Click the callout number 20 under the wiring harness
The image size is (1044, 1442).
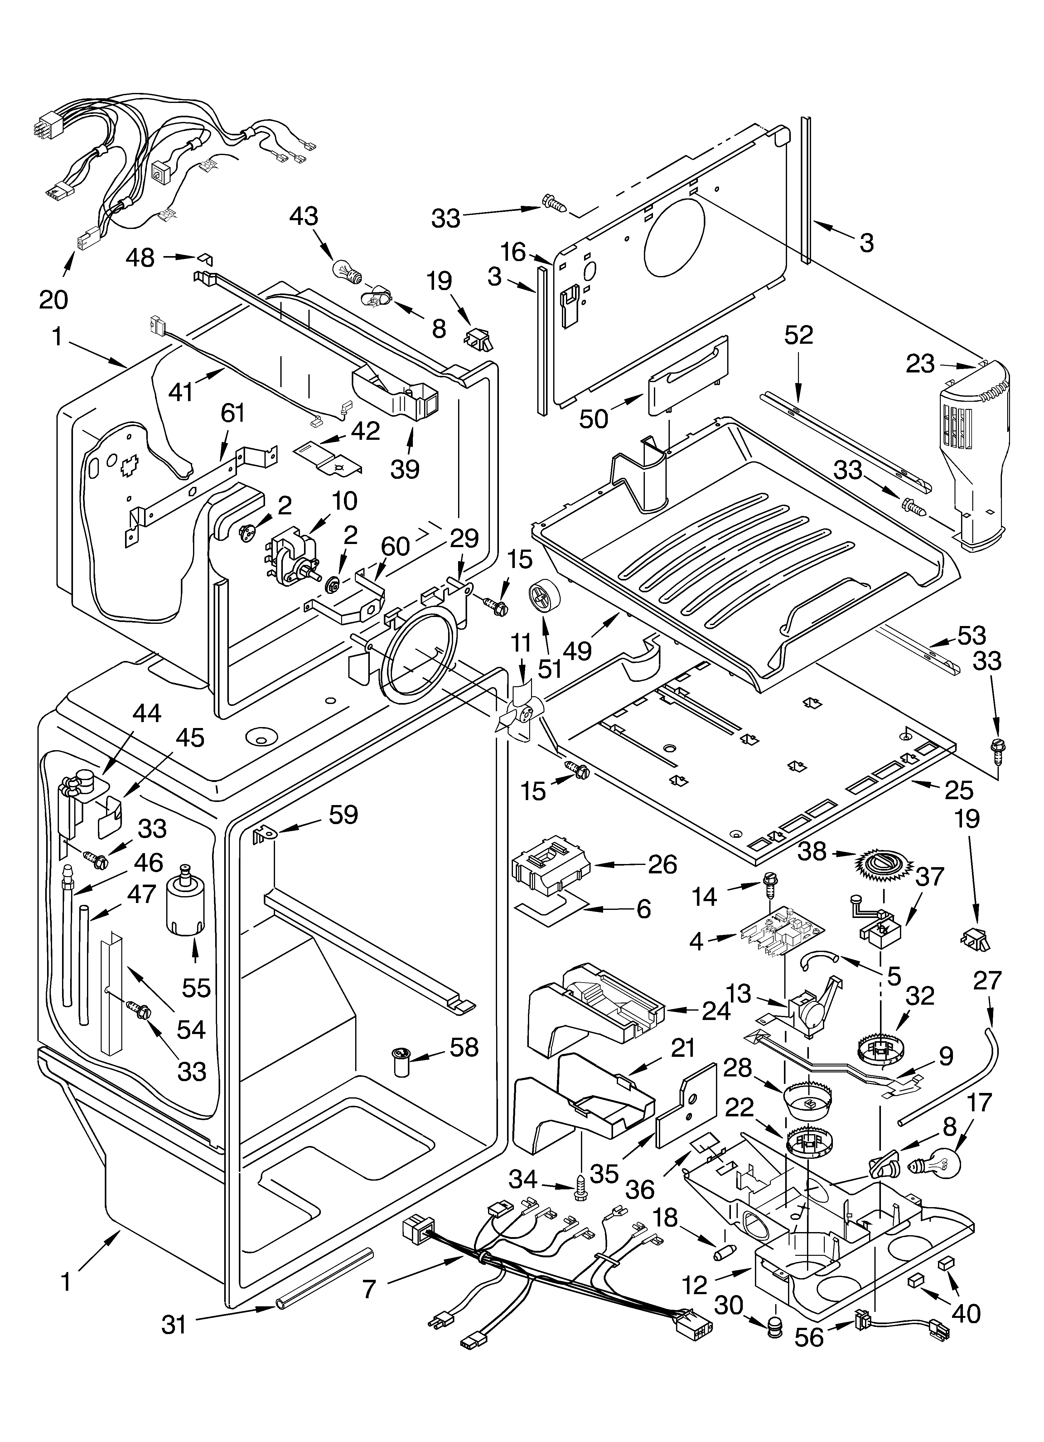pos(53,298)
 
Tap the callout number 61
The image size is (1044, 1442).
pos(233,414)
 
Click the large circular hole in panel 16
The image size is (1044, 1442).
pos(675,236)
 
